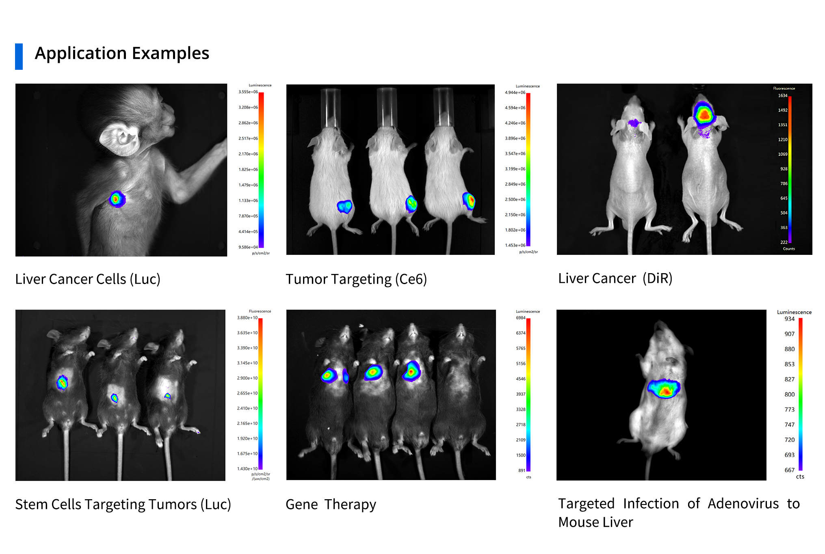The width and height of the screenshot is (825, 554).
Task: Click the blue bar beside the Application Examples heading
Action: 19,56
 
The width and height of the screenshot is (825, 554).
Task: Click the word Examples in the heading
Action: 170,54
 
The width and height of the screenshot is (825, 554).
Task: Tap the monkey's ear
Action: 120,138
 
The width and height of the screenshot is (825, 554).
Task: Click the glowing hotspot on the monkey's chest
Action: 117,199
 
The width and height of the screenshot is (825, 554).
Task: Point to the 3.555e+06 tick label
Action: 248,92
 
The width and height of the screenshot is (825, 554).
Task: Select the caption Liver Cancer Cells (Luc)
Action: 88,279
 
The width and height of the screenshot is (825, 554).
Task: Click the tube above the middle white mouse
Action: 386,108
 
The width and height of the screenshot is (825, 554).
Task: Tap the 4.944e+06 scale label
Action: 515,93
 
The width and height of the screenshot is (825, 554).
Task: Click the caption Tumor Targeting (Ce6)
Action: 356,279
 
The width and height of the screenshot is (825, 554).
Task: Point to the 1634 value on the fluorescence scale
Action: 782,96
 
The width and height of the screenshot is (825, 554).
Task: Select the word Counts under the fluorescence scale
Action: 788,249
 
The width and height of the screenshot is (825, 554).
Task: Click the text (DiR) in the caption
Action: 657,278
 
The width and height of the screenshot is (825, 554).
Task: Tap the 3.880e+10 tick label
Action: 247,318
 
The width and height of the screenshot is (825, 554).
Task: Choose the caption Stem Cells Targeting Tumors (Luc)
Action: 123,504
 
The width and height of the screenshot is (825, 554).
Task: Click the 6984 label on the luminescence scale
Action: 520,318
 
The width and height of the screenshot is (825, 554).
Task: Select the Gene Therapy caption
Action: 331,504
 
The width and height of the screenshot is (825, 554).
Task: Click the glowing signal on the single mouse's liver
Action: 664,389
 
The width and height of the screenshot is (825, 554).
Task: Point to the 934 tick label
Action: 789,319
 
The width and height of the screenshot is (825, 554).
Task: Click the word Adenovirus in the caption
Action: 743,504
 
